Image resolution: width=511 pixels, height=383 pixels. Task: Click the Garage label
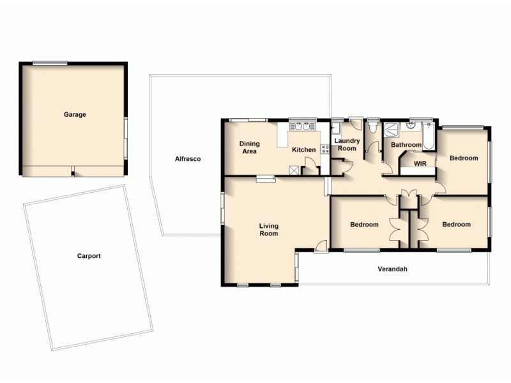75,115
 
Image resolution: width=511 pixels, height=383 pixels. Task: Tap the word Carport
89,256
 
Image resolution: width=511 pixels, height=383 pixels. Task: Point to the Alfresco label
188,159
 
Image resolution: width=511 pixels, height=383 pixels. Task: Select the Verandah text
392,269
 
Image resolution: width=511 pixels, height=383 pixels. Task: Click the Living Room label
268,229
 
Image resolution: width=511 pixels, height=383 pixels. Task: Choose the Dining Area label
248,147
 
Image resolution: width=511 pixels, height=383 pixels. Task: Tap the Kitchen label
303,150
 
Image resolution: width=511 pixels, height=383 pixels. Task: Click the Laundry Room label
346,144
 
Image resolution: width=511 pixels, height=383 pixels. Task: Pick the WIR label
420,163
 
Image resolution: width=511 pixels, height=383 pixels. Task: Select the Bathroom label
406,145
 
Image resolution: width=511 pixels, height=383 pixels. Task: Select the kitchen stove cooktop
325,150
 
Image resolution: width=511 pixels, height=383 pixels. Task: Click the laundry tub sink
336,126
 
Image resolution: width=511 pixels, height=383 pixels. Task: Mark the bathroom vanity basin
413,126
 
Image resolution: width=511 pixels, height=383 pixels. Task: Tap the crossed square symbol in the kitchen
294,170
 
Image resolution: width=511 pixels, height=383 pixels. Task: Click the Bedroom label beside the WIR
463,158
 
